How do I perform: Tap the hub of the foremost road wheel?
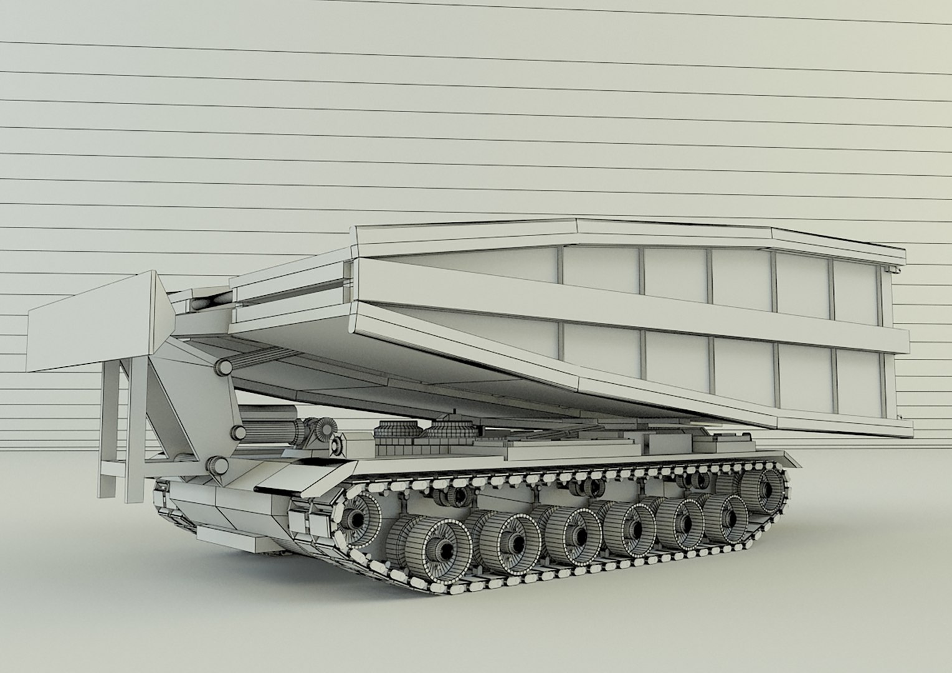[446, 549]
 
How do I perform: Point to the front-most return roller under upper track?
[460, 495]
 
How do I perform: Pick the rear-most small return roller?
[689, 480]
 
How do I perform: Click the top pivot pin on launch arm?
[222, 369]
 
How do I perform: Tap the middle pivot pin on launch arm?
[237, 433]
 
